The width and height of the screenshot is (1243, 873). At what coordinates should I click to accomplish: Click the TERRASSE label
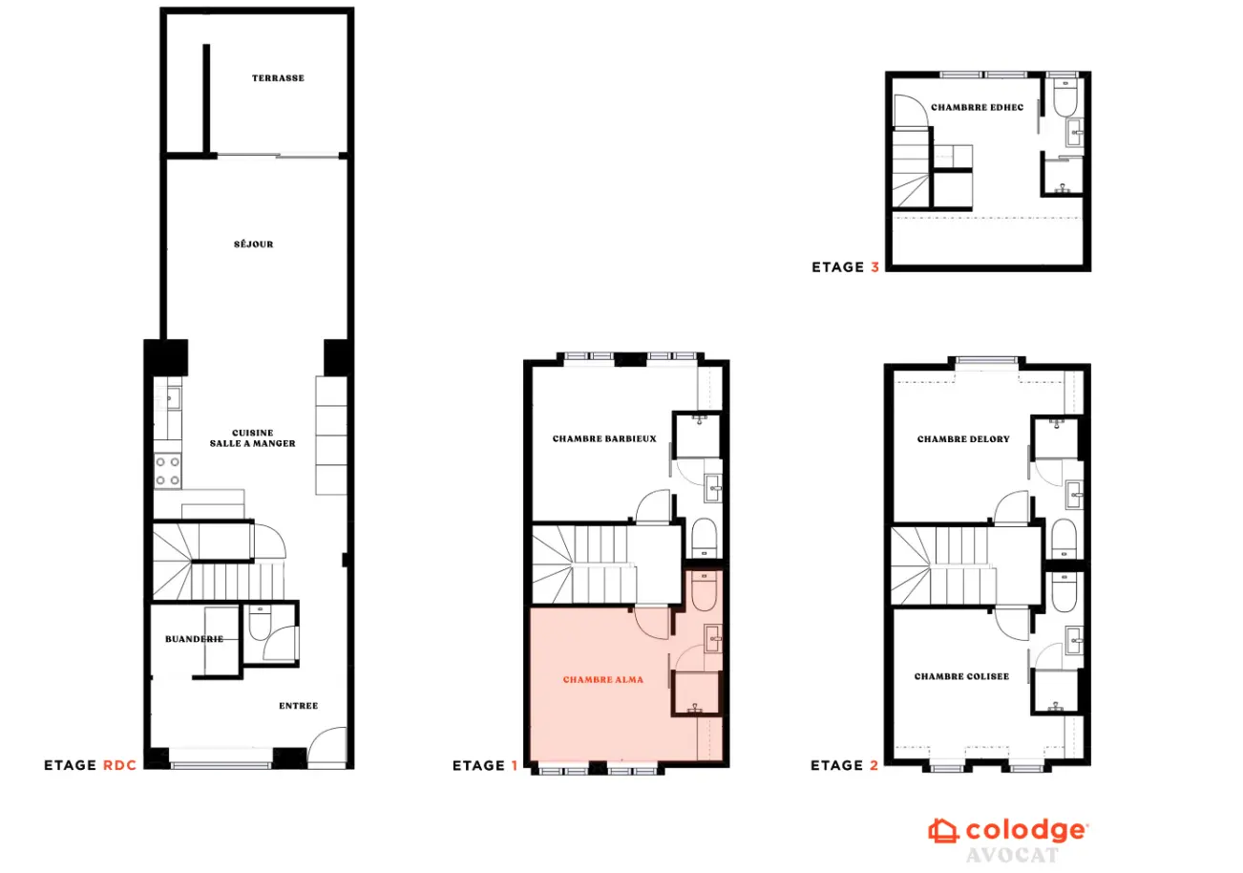(278, 78)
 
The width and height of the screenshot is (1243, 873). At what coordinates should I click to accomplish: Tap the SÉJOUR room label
(254, 245)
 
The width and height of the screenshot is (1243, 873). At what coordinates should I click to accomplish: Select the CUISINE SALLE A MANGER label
(252, 438)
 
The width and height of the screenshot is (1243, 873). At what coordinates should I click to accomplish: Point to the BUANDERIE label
(194, 639)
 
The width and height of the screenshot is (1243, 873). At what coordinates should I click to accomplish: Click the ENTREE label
(299, 706)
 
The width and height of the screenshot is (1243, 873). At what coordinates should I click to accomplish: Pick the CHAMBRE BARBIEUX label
(604, 438)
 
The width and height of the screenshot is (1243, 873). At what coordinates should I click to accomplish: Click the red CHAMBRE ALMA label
(603, 680)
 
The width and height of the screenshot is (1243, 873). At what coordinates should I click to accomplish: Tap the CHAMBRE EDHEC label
(978, 108)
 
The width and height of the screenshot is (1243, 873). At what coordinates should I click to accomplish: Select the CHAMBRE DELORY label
(963, 439)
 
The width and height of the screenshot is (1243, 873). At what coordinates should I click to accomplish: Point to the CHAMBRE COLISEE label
(961, 676)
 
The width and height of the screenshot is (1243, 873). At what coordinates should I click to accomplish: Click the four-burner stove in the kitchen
(168, 471)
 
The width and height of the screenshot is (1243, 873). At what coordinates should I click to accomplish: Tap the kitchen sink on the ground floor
(173, 398)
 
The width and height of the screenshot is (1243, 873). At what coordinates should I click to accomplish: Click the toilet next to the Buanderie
(260, 623)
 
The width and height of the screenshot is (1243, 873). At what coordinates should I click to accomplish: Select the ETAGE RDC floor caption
(90, 765)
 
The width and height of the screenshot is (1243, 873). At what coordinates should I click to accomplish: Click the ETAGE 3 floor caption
(845, 267)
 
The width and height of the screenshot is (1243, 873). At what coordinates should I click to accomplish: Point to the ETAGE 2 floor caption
(845, 765)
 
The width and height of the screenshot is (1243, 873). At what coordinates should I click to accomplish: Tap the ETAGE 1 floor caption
(485, 766)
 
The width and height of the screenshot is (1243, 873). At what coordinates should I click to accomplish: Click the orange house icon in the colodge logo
(943, 831)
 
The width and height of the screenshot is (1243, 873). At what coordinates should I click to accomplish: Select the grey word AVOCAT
(1012, 855)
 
